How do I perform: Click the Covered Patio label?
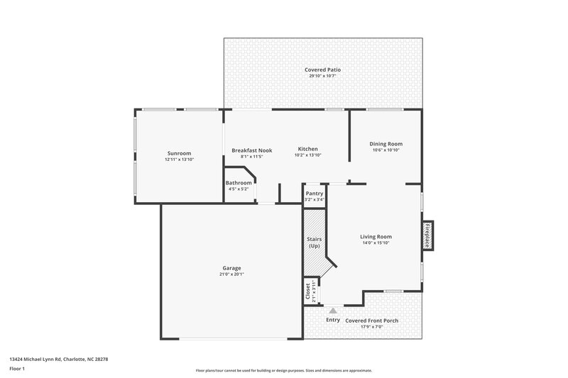point(323,70)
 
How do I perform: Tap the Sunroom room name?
point(179,153)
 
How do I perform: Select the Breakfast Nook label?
point(252,150)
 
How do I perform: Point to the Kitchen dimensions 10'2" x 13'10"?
point(307,155)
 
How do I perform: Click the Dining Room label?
point(387,144)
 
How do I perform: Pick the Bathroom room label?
point(239,183)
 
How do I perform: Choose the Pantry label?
point(314,193)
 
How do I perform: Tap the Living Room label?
point(376,237)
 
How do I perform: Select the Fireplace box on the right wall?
point(427,235)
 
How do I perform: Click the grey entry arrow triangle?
point(333,310)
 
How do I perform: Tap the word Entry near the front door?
point(333,320)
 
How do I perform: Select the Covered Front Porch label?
point(372,321)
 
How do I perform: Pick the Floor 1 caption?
point(17,369)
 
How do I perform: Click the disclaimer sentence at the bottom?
point(283,370)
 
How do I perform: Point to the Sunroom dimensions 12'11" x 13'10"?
point(179,160)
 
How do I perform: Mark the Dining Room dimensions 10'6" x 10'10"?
point(386,150)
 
